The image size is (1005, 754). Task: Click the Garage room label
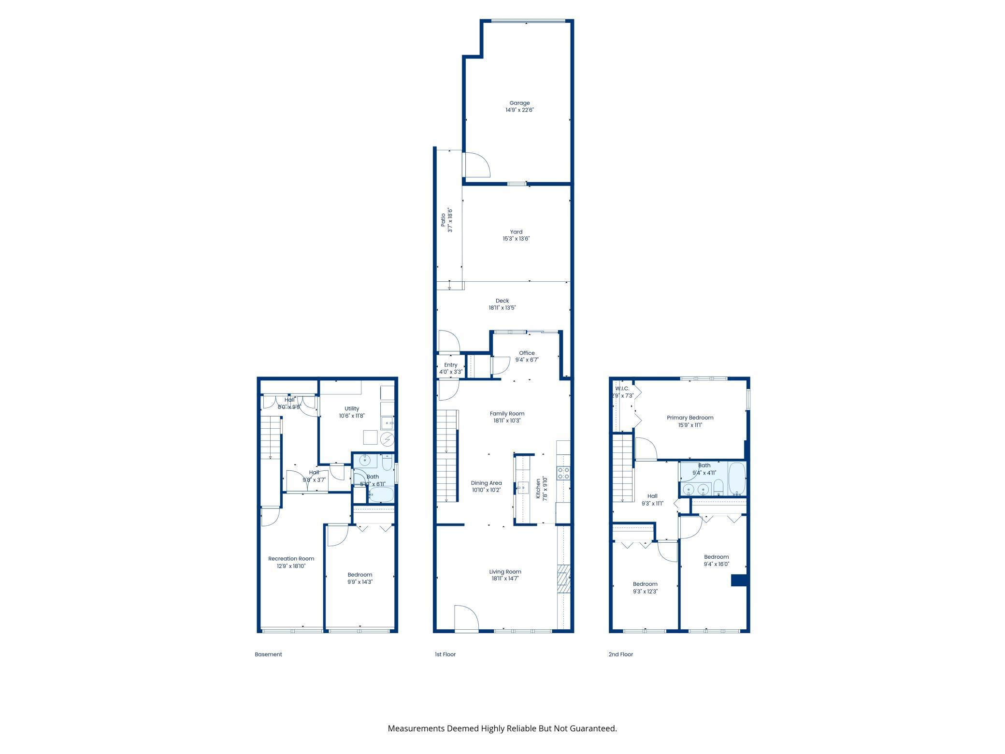pos(519,103)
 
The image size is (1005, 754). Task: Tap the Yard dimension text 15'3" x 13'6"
pos(516,239)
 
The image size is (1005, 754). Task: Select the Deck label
pos(502,301)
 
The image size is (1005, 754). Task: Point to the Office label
pos(527,353)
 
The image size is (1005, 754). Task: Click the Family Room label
pos(507,414)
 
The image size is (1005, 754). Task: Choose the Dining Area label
pos(486,483)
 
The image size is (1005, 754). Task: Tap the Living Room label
pos(505,572)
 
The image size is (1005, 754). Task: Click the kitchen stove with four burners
pos(563,473)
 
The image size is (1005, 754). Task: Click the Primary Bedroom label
pos(690,418)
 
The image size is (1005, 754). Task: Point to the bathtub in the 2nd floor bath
pos(737,478)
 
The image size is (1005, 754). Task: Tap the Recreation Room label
pos(291,559)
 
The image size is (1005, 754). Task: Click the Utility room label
pos(352,408)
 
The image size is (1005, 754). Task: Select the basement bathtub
pos(381,494)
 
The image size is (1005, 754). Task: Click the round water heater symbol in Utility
pos(387,439)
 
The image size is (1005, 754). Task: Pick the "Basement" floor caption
pos(268,654)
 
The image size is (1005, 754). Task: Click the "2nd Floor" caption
pos(620,654)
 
